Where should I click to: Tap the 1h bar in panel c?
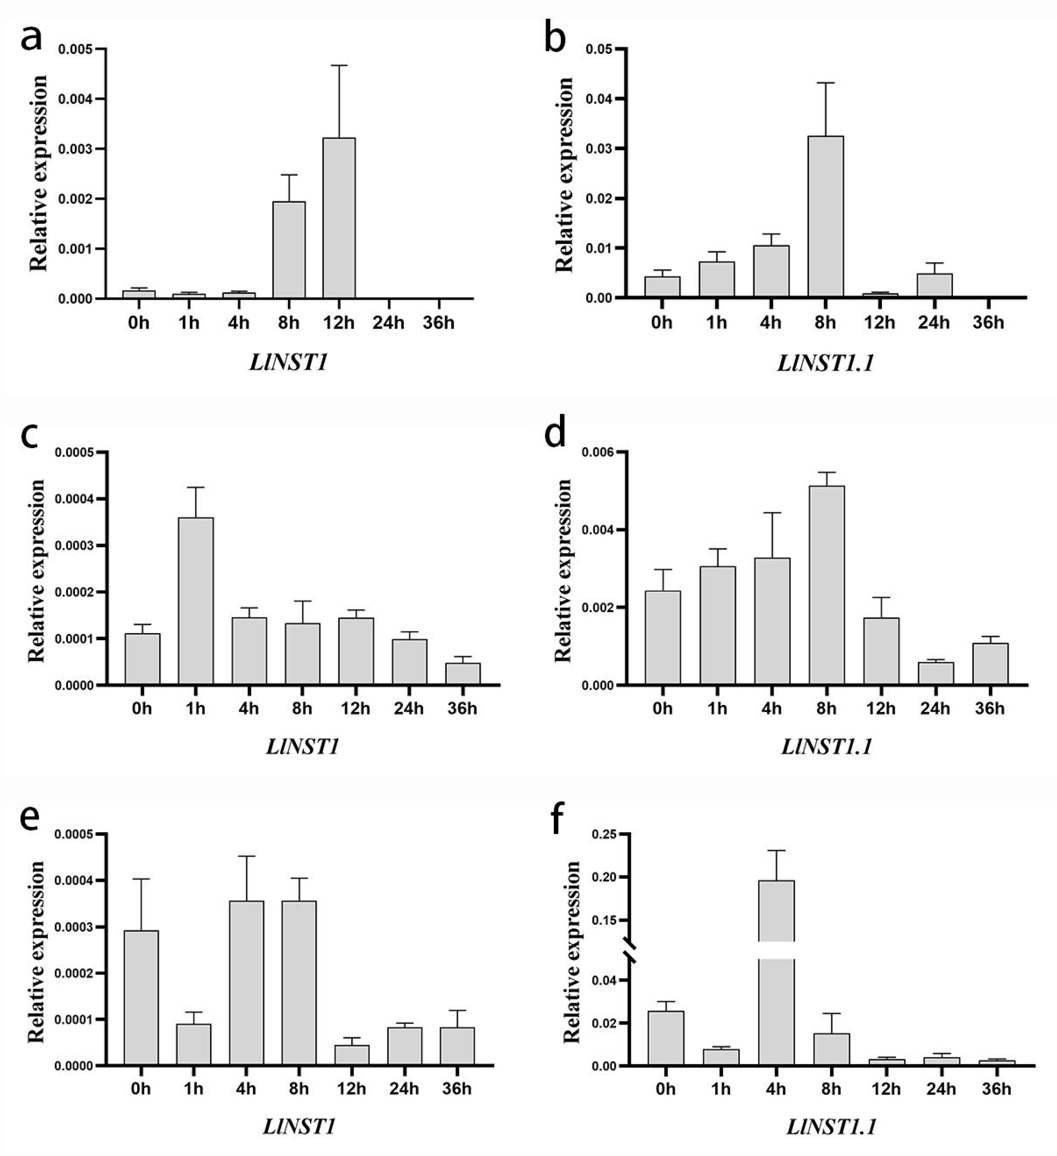click(196, 601)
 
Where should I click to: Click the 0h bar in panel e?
click(141, 998)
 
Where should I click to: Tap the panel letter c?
click(30, 434)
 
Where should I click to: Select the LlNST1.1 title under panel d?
click(826, 746)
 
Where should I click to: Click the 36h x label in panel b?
click(988, 322)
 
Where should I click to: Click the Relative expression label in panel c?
click(37, 571)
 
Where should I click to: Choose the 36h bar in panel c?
click(463, 674)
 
